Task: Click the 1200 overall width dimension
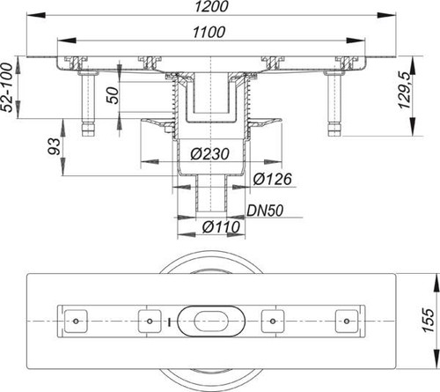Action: point(211,6)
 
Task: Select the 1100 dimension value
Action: point(209,33)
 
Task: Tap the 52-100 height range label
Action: point(7,87)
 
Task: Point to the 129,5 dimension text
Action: point(405,90)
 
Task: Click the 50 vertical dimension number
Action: point(113,95)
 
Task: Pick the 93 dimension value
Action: point(55,146)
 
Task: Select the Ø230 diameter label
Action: point(209,154)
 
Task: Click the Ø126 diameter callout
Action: point(273,179)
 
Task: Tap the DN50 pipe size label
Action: point(265,211)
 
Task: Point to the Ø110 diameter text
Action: point(222,227)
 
